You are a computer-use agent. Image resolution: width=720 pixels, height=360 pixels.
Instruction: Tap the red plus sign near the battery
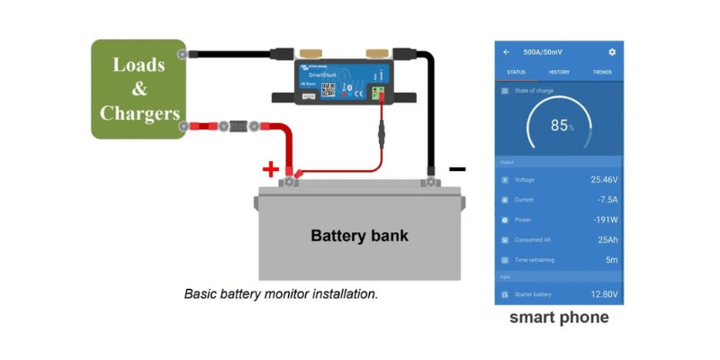[x=269, y=169]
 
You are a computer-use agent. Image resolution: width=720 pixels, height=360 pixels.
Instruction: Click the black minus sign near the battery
[x=457, y=168]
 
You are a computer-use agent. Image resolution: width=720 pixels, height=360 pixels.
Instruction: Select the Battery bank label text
[x=359, y=237]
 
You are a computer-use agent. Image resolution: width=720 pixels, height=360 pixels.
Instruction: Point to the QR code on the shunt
[x=328, y=88]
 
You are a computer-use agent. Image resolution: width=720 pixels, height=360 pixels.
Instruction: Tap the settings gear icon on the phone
[x=612, y=52]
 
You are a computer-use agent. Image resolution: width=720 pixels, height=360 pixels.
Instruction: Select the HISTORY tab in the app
[x=559, y=72]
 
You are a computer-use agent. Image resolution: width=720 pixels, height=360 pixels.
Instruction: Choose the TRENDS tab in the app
[x=602, y=72]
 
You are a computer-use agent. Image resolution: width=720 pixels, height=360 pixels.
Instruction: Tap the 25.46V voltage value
[x=603, y=180]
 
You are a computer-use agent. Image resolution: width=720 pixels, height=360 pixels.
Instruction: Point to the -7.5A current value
[x=607, y=200]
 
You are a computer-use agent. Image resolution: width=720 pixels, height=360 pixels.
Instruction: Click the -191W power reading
[x=604, y=220]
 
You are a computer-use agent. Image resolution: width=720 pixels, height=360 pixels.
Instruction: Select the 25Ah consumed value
[x=607, y=239]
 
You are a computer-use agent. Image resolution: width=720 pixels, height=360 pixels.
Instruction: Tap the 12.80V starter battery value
[x=603, y=294]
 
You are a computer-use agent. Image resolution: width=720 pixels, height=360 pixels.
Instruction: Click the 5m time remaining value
[x=611, y=259]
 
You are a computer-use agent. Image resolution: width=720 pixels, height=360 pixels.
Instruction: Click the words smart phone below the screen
[x=559, y=318]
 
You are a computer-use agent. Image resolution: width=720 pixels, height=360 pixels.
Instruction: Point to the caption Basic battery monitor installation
[x=281, y=293]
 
